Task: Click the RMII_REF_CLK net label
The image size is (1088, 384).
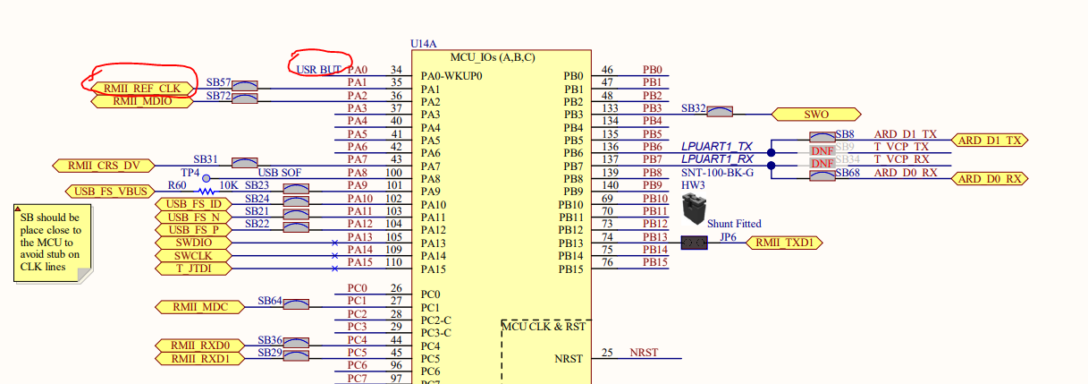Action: click(x=142, y=89)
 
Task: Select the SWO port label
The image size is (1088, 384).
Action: click(x=816, y=115)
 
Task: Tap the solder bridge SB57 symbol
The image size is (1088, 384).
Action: click(x=244, y=86)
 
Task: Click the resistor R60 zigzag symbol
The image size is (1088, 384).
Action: click(x=206, y=192)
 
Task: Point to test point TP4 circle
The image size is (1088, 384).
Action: click(x=207, y=178)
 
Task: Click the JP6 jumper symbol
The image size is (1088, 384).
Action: click(x=694, y=243)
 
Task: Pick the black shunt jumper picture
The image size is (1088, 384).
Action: click(x=694, y=209)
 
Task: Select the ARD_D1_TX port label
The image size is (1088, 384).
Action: click(x=990, y=141)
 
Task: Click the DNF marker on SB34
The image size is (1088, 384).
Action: click(x=822, y=164)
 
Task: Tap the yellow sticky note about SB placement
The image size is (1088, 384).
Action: click(x=53, y=243)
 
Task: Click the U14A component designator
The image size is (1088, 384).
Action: click(x=424, y=44)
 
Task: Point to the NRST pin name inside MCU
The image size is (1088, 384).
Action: click(x=569, y=359)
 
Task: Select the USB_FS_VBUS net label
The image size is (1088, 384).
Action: click(x=110, y=192)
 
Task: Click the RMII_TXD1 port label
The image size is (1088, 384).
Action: click(x=784, y=243)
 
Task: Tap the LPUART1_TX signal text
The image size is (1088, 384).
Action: click(x=717, y=146)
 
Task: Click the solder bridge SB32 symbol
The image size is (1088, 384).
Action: click(x=720, y=111)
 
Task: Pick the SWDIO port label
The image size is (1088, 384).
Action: click(x=193, y=243)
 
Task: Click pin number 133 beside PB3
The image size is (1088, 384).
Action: click(x=610, y=108)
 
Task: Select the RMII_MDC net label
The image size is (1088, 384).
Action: click(x=200, y=307)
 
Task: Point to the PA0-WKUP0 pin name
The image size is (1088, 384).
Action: click(x=451, y=76)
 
